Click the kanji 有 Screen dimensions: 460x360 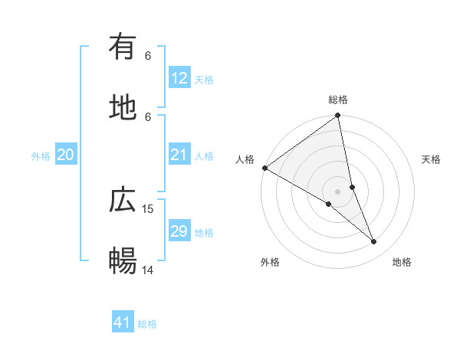[x=123, y=47]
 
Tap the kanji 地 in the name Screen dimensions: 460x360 [x=123, y=108]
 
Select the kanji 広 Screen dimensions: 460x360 [x=123, y=201]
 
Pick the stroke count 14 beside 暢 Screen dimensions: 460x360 [x=148, y=270]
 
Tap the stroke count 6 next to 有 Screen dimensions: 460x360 [x=148, y=55]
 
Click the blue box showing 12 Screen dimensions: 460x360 [x=179, y=78]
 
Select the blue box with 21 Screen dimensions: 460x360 [x=179, y=155]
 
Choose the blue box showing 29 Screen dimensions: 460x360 [x=179, y=231]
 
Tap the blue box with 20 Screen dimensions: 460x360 [x=66, y=155]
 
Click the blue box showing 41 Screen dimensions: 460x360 [x=123, y=322]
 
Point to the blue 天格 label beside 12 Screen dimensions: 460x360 [x=204, y=79]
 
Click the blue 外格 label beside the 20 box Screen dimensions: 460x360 [x=41, y=155]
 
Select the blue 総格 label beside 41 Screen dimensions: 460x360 [x=147, y=323]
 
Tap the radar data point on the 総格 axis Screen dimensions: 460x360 [x=338, y=116]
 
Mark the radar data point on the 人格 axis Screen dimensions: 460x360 [x=264, y=168]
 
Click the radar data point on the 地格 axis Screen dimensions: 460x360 [x=374, y=242]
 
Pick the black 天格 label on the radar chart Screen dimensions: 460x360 [x=432, y=159]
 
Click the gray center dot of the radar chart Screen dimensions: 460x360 [x=338, y=191]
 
